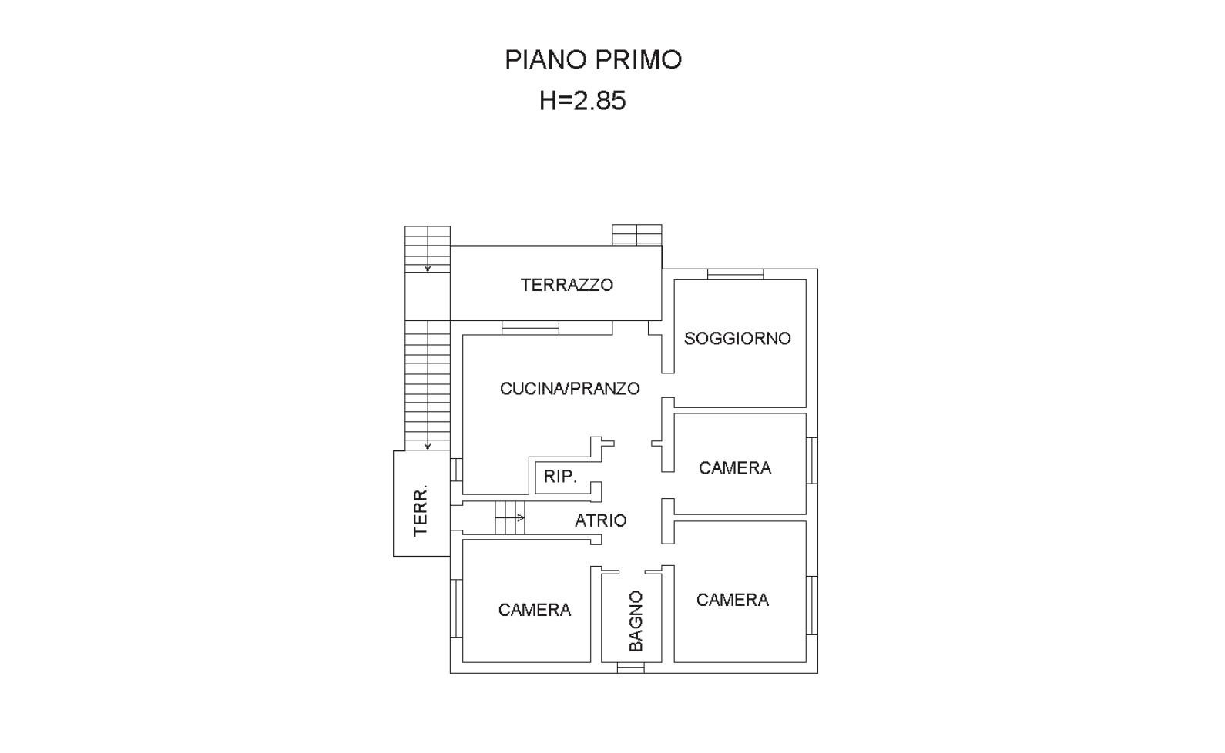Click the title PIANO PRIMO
click(x=593, y=59)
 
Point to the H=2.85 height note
click(x=582, y=101)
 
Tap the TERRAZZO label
click(x=566, y=285)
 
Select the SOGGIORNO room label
click(x=737, y=338)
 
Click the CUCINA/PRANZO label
click(x=570, y=389)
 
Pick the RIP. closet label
click(x=561, y=477)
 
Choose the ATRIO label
click(x=600, y=520)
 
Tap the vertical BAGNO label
click(x=636, y=621)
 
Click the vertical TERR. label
click(x=420, y=510)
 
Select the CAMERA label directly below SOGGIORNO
click(x=735, y=468)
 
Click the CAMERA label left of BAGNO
click(x=534, y=610)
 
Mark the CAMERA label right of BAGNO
click(x=732, y=600)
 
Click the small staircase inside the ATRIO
click(x=510, y=517)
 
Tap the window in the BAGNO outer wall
click(x=630, y=668)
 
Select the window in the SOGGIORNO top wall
click(x=735, y=274)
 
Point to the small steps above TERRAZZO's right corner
click(x=636, y=235)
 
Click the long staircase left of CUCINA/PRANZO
click(x=428, y=385)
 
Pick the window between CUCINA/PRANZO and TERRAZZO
click(x=531, y=328)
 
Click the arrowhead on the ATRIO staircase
click(x=521, y=517)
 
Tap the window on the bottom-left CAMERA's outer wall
click(x=456, y=608)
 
